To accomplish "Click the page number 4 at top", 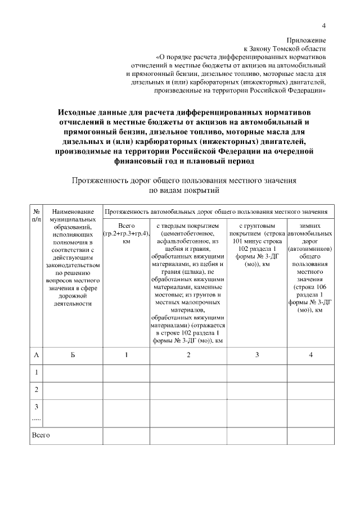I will (323, 25).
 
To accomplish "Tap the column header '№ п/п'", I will (37, 216).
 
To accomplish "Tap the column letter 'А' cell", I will (37, 355).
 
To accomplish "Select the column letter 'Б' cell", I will (74, 355).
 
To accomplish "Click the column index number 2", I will (188, 355).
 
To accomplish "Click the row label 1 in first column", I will (37, 372).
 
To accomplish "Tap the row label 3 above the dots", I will (37, 407).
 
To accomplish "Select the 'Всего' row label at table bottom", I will (41, 435).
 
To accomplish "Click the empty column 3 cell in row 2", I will (256, 390).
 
